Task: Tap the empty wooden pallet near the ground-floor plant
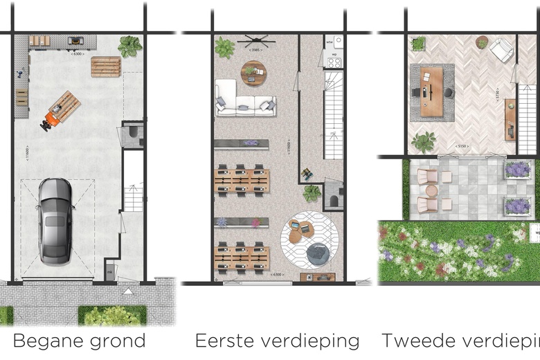point(105,67)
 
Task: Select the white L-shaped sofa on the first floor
point(244,98)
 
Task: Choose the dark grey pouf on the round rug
point(318,255)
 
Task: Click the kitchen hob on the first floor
point(334,62)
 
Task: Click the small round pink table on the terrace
point(447,177)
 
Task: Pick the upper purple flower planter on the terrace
point(516,168)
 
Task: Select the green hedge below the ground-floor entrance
point(111,316)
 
